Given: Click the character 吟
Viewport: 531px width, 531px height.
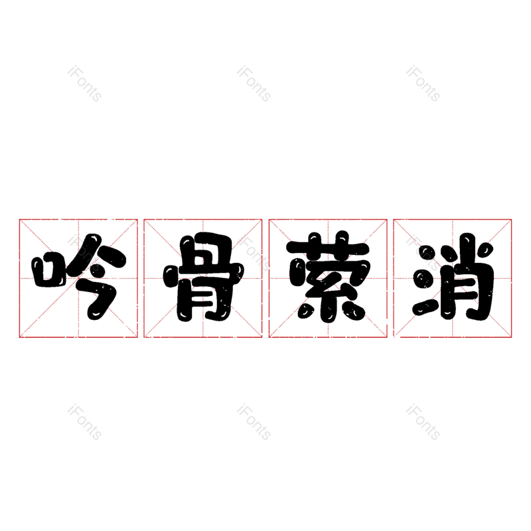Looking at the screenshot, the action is point(78,277).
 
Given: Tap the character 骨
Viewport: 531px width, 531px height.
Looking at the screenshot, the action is point(203,277).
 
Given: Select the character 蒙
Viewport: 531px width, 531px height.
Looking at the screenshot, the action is point(328,277).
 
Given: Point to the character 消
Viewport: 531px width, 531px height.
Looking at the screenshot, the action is point(453,277).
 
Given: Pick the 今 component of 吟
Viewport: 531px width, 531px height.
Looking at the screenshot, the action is point(98,277).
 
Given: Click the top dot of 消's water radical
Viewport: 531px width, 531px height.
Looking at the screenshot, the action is point(428,254).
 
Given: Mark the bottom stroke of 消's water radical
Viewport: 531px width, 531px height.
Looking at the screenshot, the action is point(425,307).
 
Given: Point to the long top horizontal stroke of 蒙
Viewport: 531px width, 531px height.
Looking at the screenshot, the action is point(328,247).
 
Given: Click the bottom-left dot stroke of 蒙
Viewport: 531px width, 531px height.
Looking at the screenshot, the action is point(306,310).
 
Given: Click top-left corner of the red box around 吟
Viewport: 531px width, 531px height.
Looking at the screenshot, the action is point(19,220).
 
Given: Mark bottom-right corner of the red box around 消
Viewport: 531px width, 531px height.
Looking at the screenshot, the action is point(511,337).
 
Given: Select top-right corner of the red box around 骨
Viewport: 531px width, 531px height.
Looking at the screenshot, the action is point(262,220).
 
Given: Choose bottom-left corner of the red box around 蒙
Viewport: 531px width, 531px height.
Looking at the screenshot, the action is point(269,337).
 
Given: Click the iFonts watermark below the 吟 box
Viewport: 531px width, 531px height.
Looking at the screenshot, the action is point(84,421).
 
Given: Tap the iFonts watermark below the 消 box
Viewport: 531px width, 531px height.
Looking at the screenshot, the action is point(423,421).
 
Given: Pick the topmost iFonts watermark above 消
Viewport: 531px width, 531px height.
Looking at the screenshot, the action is point(423,84).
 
